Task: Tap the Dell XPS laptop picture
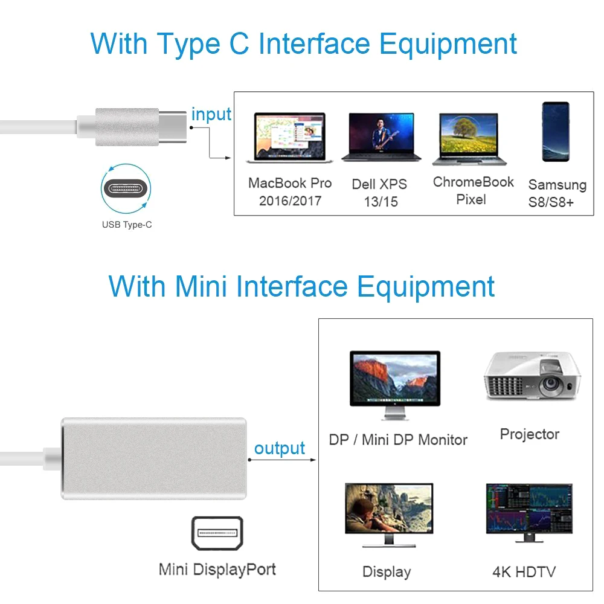(381, 137)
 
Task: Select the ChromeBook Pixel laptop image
(469, 139)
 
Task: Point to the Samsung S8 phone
(556, 131)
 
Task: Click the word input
(211, 114)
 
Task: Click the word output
(280, 448)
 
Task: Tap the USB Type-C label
(127, 225)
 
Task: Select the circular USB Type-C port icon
(126, 188)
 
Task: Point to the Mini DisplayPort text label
(217, 569)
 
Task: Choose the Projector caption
(530, 434)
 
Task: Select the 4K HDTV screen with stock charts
(529, 514)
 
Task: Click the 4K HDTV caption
(524, 571)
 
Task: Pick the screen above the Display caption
(388, 514)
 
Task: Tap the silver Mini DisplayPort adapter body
(154, 458)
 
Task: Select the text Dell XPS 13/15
(380, 193)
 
